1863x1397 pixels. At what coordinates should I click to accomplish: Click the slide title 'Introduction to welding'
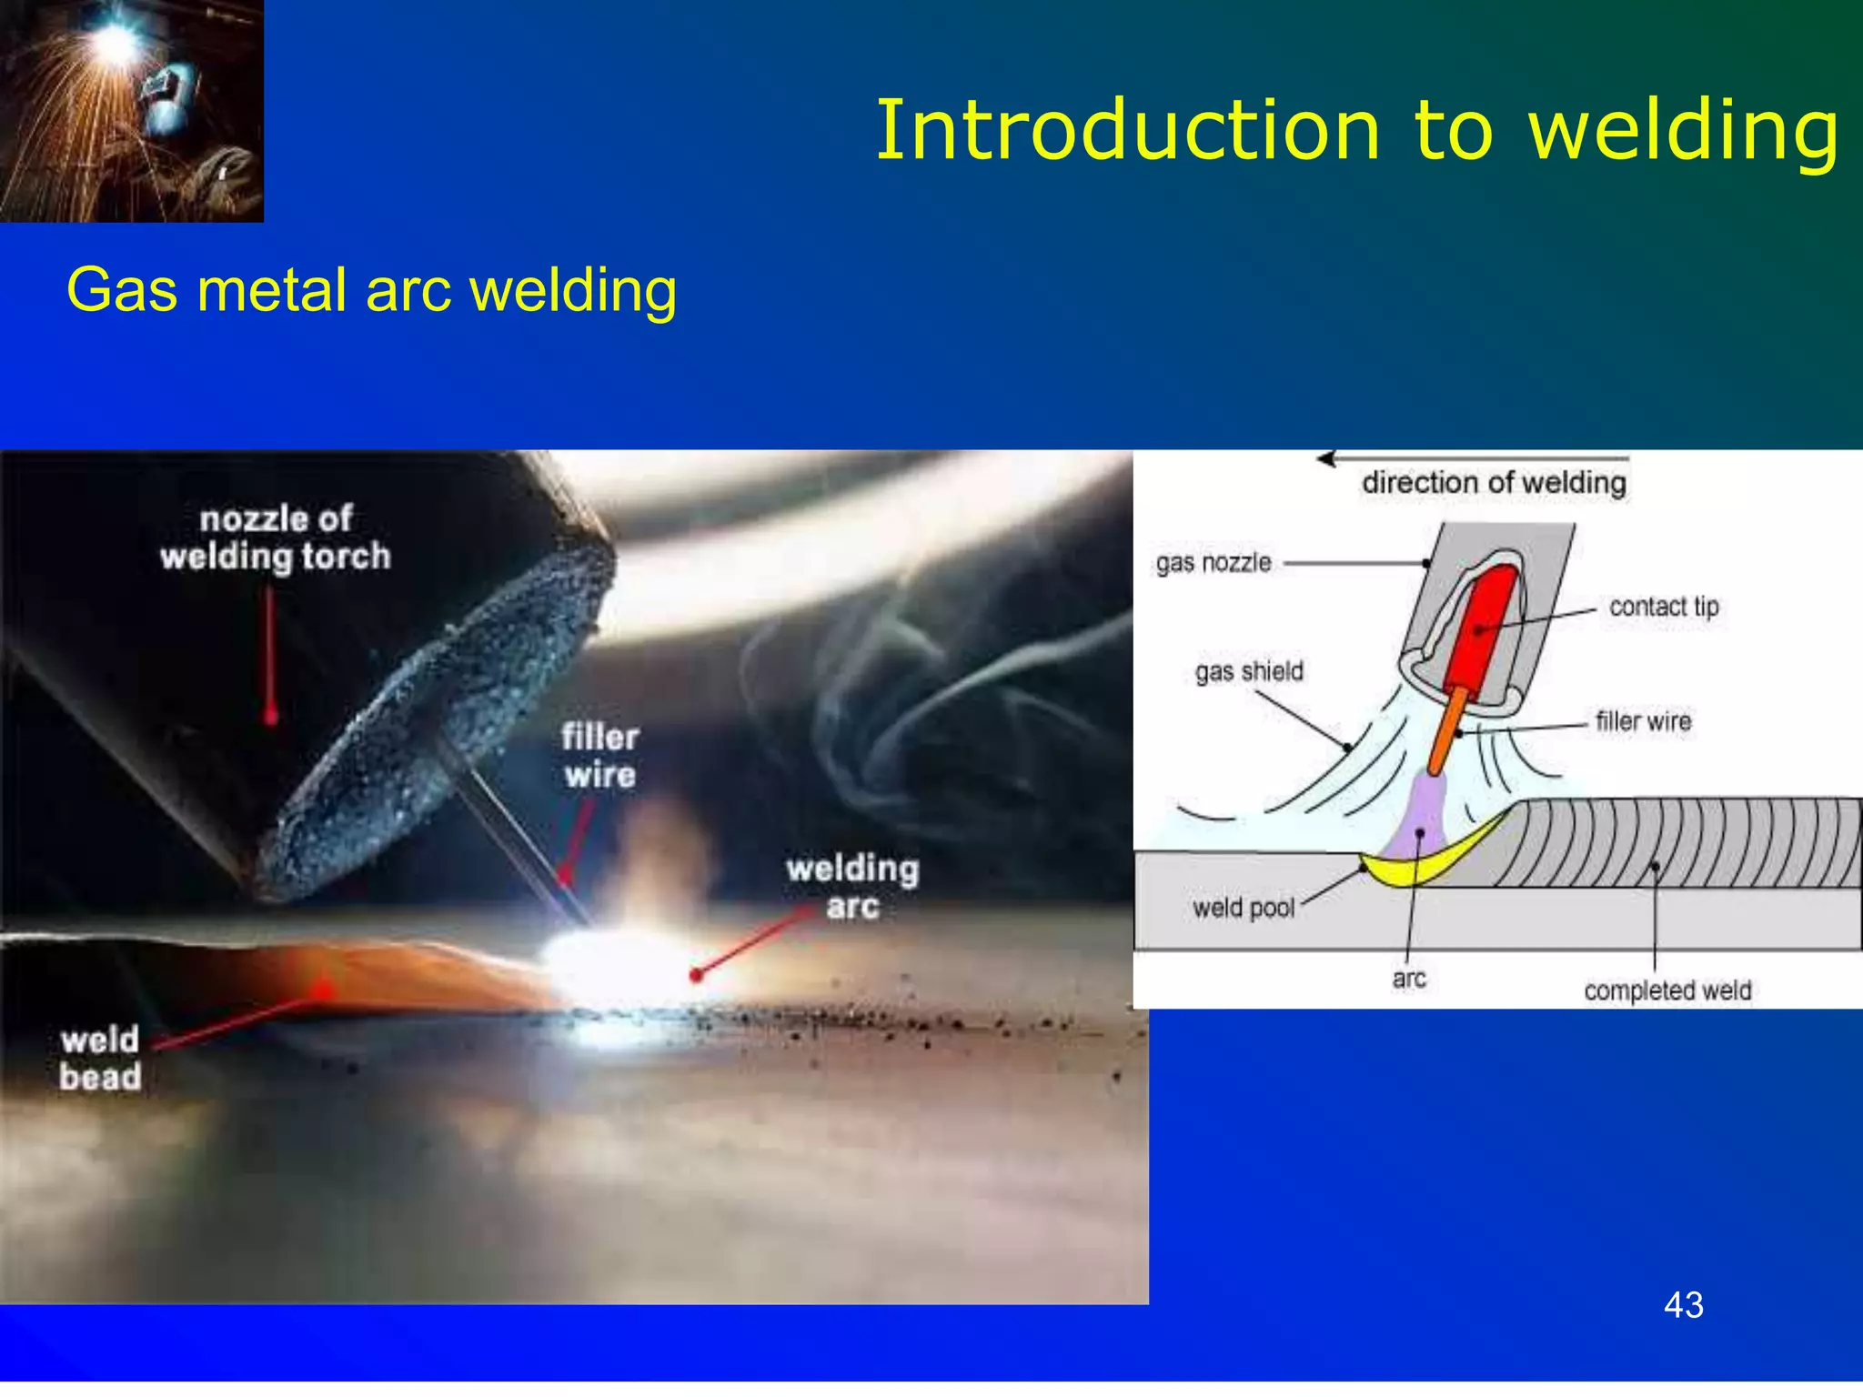pos(1355,132)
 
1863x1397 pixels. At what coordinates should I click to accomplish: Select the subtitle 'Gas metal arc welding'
pos(371,290)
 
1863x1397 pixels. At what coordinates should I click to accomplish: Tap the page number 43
pos(1683,1305)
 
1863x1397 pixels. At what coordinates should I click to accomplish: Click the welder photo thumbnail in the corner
pos(131,110)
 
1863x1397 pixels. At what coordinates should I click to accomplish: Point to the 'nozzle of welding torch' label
pos(276,538)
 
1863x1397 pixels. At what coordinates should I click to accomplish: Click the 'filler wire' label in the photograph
pos(599,756)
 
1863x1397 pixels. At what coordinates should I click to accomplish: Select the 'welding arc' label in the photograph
pos(852,887)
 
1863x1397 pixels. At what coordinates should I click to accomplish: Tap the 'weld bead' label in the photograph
pos(100,1059)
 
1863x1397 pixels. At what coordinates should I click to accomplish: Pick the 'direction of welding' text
pos(1494,483)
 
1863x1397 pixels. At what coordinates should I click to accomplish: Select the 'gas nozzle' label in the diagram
pos(1213,563)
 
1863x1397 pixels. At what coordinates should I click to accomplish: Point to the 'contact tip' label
pos(1664,607)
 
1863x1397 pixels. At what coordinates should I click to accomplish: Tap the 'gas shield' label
pos(1249,671)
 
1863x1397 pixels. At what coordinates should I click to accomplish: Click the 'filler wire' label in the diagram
pos(1643,721)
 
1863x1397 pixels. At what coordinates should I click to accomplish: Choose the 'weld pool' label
pos(1244,908)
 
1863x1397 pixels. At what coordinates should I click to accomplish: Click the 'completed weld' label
pos(1667,990)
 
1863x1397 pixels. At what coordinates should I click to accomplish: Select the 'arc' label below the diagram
pos(1409,979)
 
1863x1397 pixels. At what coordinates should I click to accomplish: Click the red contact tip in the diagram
pos(1481,628)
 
